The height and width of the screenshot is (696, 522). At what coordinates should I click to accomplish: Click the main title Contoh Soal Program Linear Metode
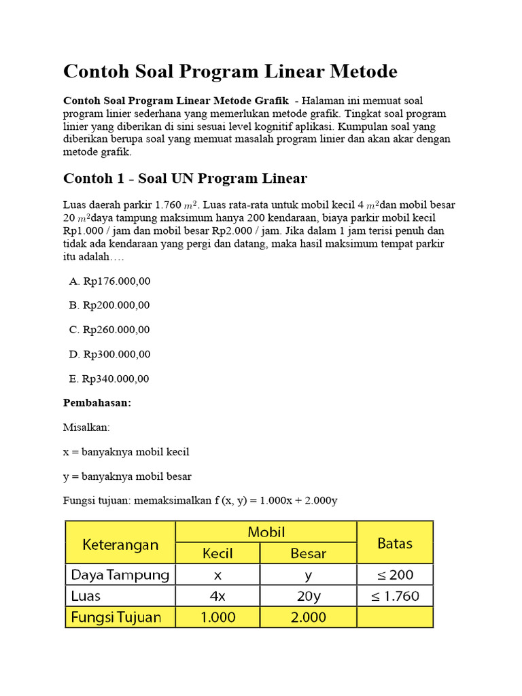[230, 71]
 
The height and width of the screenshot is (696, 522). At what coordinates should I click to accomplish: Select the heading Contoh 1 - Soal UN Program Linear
[185, 179]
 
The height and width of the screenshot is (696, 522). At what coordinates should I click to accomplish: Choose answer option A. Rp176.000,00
[109, 281]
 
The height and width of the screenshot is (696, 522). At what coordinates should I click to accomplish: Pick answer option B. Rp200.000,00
[109, 305]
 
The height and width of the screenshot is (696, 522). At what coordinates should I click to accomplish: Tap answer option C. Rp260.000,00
[109, 330]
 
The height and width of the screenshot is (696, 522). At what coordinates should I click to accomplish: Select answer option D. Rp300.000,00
[109, 354]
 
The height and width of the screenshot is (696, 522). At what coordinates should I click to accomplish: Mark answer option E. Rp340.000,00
[109, 379]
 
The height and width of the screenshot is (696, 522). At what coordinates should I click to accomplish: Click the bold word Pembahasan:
[97, 403]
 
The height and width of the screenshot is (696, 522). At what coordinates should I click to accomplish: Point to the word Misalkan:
[86, 428]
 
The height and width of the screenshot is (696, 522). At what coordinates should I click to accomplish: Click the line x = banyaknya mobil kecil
[126, 452]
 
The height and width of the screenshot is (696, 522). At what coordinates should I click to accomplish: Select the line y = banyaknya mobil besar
[127, 476]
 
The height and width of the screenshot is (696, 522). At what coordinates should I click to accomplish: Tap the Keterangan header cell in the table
[120, 543]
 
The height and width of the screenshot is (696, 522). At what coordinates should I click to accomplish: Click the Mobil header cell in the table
[266, 532]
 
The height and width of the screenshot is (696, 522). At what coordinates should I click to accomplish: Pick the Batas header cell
[395, 543]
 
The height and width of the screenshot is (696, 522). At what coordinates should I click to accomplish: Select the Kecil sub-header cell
[217, 553]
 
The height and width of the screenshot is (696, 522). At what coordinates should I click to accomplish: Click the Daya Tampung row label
[120, 575]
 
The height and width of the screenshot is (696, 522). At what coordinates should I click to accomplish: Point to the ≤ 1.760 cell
[395, 596]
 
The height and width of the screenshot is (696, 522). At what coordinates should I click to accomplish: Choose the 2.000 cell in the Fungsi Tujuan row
[308, 617]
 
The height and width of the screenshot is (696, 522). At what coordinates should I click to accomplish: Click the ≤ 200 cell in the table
[395, 575]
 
